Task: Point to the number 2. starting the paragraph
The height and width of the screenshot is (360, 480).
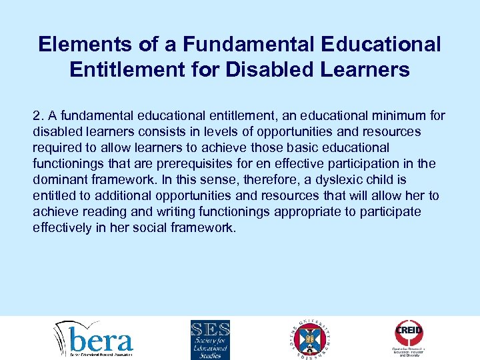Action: (x=39, y=116)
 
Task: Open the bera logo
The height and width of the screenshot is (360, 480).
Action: (x=93, y=339)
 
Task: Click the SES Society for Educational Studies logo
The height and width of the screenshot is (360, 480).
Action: (x=210, y=339)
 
